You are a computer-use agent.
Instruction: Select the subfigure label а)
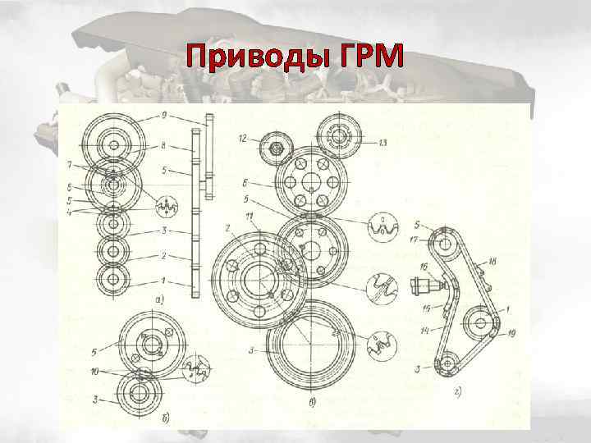pyautogui.click(x=158, y=300)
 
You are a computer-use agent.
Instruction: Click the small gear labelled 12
pyautogui.click(x=277, y=148)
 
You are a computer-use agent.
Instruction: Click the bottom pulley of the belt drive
pyautogui.click(x=447, y=362)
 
